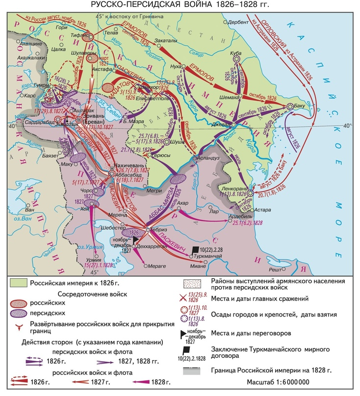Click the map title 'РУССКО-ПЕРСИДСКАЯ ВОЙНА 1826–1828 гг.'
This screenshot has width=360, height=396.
click(x=180, y=5)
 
